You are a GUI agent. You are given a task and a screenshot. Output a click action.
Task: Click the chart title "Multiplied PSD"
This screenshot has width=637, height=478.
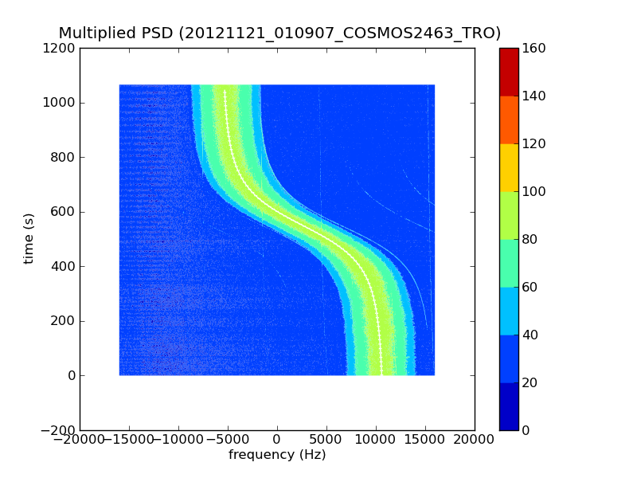tap(115, 33)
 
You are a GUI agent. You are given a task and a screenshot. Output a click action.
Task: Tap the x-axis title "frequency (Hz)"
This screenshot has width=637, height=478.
tap(277, 455)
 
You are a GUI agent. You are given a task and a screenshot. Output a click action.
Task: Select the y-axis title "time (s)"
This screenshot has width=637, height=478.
tap(29, 238)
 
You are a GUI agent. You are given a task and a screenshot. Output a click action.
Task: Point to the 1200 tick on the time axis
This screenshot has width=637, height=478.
tap(61, 49)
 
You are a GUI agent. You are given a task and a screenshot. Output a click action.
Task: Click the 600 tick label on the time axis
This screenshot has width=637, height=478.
tap(64, 212)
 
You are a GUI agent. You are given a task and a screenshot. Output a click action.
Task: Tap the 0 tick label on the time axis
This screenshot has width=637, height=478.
tap(71, 375)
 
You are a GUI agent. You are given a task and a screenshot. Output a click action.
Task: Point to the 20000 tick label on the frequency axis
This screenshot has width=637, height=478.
tap(475, 440)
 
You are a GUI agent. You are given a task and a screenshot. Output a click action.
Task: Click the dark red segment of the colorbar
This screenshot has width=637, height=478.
tap(509, 72)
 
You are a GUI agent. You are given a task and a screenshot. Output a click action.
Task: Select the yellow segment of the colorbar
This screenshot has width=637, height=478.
tap(509, 167)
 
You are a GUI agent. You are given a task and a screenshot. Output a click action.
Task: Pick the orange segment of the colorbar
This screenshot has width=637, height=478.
tap(509, 119)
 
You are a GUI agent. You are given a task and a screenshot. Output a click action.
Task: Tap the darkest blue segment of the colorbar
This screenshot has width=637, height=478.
tap(509, 406)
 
